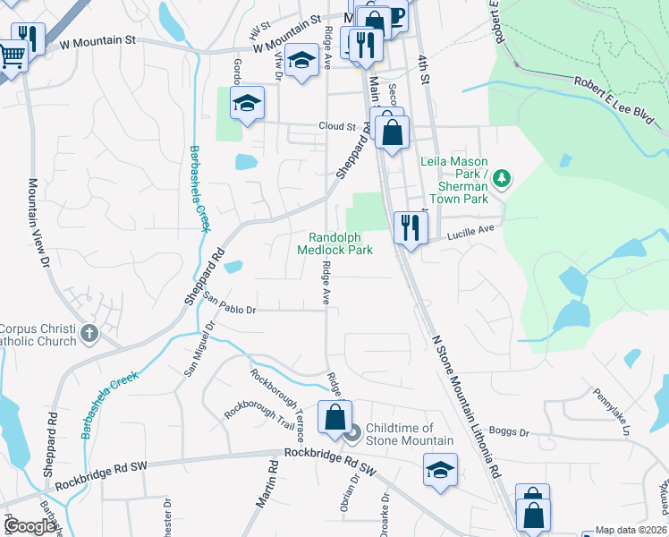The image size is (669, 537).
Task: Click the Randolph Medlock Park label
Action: [x=340, y=243]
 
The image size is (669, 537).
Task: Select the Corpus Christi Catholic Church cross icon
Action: [x=88, y=334]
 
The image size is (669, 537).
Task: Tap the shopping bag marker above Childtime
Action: [x=334, y=417]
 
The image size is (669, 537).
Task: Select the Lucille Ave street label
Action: [x=470, y=230]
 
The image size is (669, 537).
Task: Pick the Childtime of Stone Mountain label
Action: [x=400, y=434]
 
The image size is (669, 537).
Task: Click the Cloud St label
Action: [x=337, y=126]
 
